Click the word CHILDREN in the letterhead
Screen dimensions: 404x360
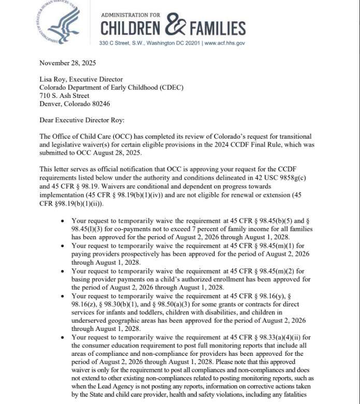pos(132,28)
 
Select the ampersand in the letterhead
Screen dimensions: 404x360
pos(175,26)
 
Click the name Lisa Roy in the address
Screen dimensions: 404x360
pos(54,79)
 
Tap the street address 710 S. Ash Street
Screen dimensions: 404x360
pos(64,95)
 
